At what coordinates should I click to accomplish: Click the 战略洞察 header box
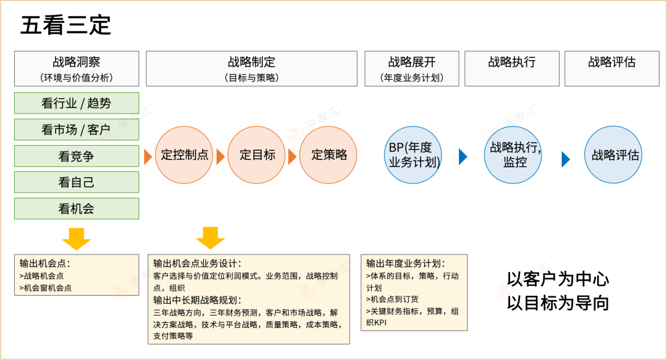77,69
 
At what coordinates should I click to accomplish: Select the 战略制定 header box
251,69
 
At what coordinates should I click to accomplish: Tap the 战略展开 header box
412,69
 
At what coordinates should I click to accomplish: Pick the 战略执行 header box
512,69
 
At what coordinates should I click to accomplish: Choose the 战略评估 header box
611,69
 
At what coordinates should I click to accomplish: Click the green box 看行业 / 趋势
77,103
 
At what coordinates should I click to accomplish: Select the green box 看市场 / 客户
77,130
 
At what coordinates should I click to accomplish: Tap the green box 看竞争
77,156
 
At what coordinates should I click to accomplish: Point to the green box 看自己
77,183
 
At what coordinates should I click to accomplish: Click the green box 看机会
77,209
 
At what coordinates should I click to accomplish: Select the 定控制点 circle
184,155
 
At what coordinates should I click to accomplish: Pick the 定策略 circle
329,155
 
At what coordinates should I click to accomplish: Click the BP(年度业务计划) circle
413,155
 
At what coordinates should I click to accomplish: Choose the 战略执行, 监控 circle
514,155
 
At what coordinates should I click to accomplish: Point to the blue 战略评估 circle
614,155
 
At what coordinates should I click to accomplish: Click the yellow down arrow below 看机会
77,238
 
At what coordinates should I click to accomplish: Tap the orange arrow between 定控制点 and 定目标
220,157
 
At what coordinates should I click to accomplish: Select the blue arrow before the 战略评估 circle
566,159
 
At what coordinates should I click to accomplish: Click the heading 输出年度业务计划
405,263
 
